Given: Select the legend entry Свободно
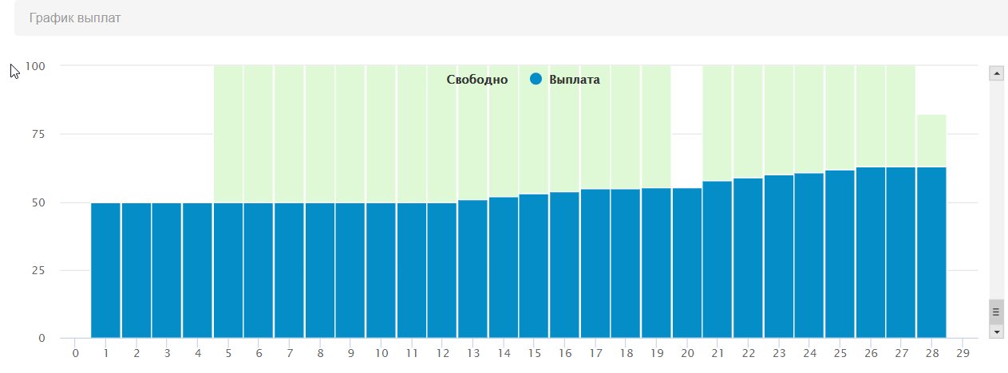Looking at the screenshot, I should click(476, 80).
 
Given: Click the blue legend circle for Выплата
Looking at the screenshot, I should click(536, 79).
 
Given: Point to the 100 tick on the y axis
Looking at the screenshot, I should click(36, 65).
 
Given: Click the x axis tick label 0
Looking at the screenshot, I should click(76, 352).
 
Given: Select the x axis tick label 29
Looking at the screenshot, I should click(963, 352).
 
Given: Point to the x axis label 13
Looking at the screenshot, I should click(472, 352).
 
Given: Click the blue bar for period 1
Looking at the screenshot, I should click(106, 271).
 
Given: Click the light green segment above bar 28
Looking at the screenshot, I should click(931, 140).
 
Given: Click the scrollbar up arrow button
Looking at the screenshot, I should click(996, 73).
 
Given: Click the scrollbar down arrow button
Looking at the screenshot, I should click(996, 330).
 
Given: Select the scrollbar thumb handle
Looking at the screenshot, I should click(996, 310).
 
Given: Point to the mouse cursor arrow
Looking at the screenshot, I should click(14, 72).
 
